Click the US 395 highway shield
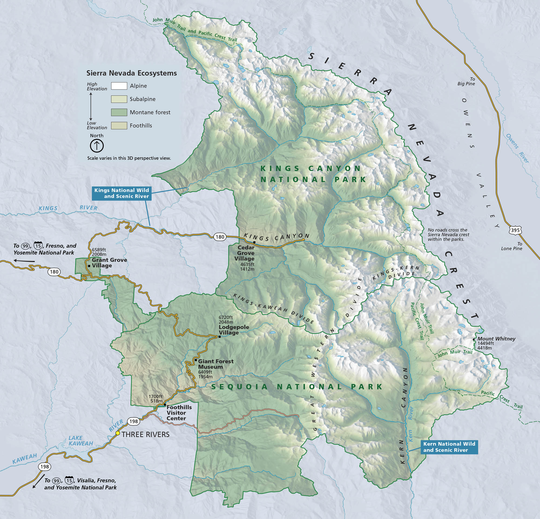click(515, 230)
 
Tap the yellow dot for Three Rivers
click(118, 433)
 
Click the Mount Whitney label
click(496, 339)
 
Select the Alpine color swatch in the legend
click(119, 86)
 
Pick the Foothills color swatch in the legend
click(119, 125)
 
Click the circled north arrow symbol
click(97, 146)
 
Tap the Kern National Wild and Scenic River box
click(449, 447)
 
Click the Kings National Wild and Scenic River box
click(122, 193)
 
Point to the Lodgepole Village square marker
click(220, 337)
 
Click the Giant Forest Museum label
click(215, 364)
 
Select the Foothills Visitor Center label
click(179, 413)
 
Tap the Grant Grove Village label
click(109, 262)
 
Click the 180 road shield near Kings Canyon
click(220, 237)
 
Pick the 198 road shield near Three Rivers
click(134, 421)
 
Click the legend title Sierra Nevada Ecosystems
click(131, 73)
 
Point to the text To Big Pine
click(466, 81)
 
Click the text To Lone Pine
click(511, 246)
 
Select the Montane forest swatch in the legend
click(119, 112)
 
